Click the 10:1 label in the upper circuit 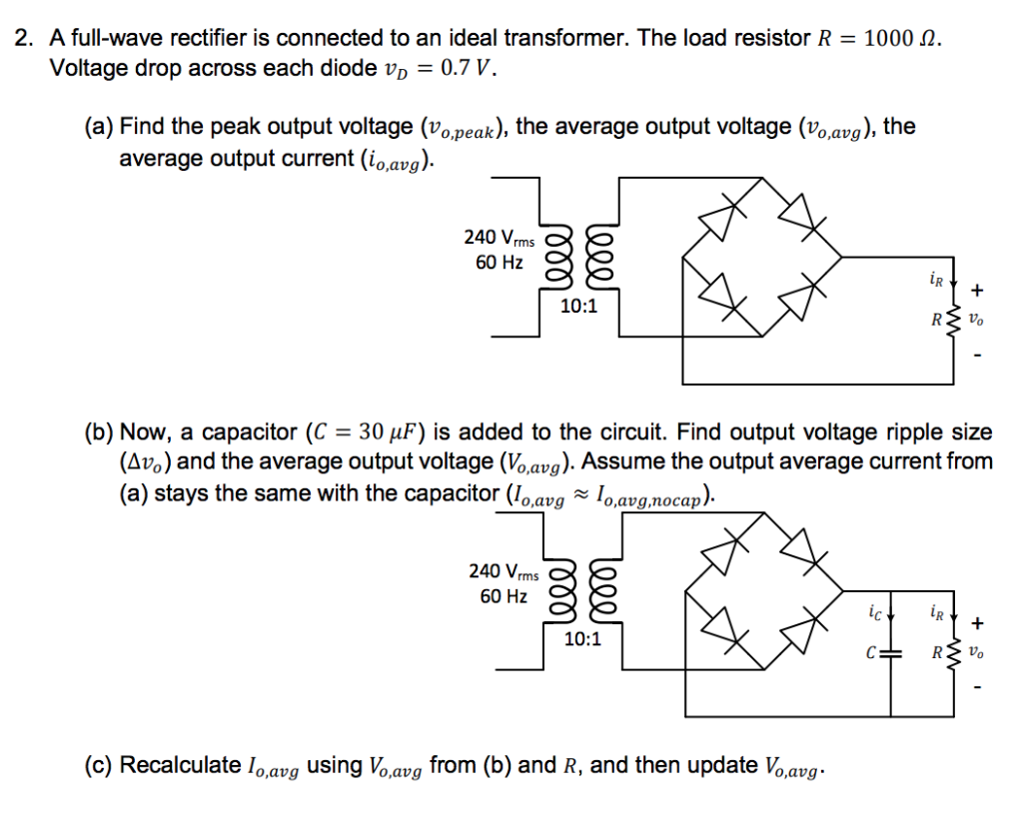578,307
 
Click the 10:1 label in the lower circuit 581,639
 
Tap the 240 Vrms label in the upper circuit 499,239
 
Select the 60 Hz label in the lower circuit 504,596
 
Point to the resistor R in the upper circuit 953,321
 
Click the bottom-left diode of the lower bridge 724,627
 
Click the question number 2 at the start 23,40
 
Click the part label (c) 99,766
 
